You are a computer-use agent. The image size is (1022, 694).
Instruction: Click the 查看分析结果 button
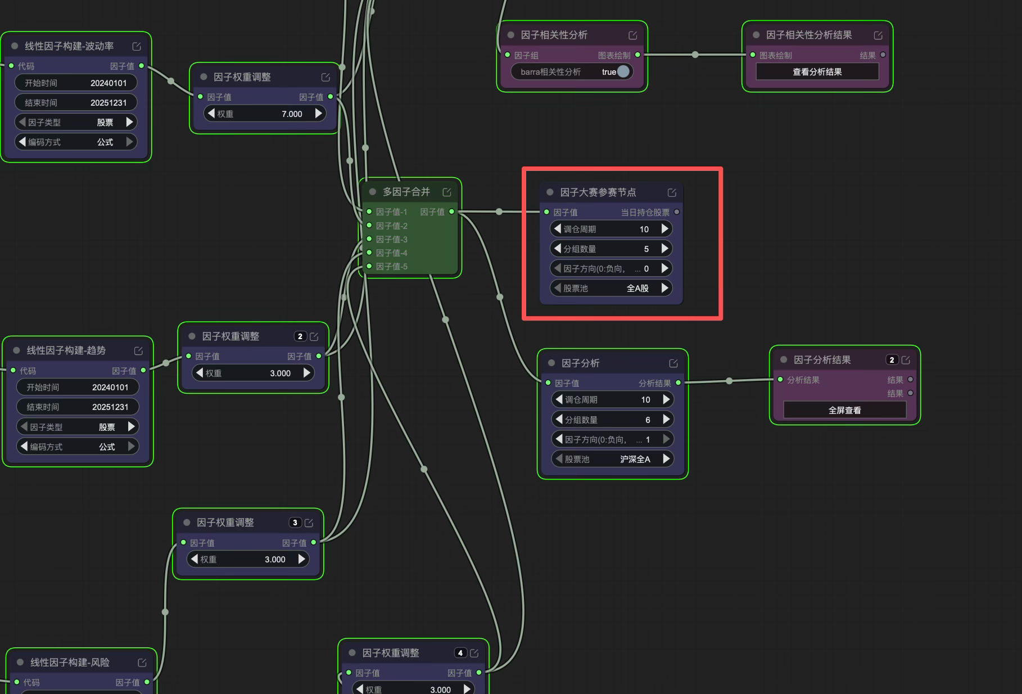click(817, 72)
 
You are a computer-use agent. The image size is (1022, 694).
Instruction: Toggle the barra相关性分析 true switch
click(623, 71)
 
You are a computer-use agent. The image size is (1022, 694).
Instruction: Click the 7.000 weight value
click(292, 114)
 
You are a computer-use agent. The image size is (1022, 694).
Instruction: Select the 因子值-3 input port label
click(392, 240)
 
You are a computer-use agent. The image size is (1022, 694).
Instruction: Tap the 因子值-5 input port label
click(392, 267)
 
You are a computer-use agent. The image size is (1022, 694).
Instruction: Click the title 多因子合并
click(406, 192)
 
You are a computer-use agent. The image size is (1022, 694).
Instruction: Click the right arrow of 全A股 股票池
click(665, 288)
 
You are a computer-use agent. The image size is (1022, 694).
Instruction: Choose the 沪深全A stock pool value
click(635, 459)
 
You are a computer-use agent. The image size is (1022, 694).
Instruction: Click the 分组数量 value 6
click(648, 420)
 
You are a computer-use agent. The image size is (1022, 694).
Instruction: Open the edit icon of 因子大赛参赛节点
click(672, 193)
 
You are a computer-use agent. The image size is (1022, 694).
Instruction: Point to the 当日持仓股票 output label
click(645, 213)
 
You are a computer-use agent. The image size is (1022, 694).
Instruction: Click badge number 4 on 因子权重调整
click(460, 653)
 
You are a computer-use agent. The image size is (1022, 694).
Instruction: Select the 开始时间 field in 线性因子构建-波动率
click(76, 83)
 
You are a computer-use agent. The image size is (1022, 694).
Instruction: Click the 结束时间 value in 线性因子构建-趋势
click(110, 407)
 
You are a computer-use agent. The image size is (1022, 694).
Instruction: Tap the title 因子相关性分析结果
click(809, 35)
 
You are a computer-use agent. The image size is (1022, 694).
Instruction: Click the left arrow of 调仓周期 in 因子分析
click(559, 399)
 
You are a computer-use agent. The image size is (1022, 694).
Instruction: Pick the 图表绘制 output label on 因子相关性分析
click(614, 56)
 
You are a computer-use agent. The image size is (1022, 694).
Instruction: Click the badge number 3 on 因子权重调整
click(295, 522)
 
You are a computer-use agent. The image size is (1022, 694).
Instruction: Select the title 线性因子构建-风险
click(70, 663)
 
